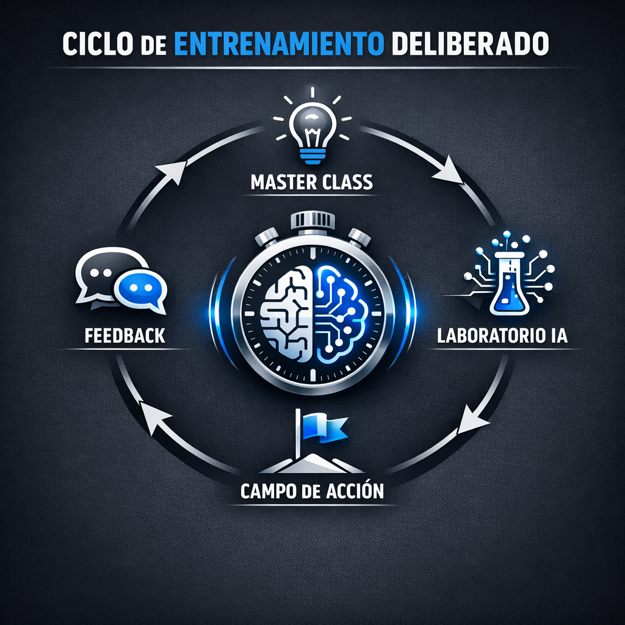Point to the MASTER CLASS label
pyautogui.click(x=312, y=181)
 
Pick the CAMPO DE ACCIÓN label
pyautogui.click(x=312, y=491)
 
